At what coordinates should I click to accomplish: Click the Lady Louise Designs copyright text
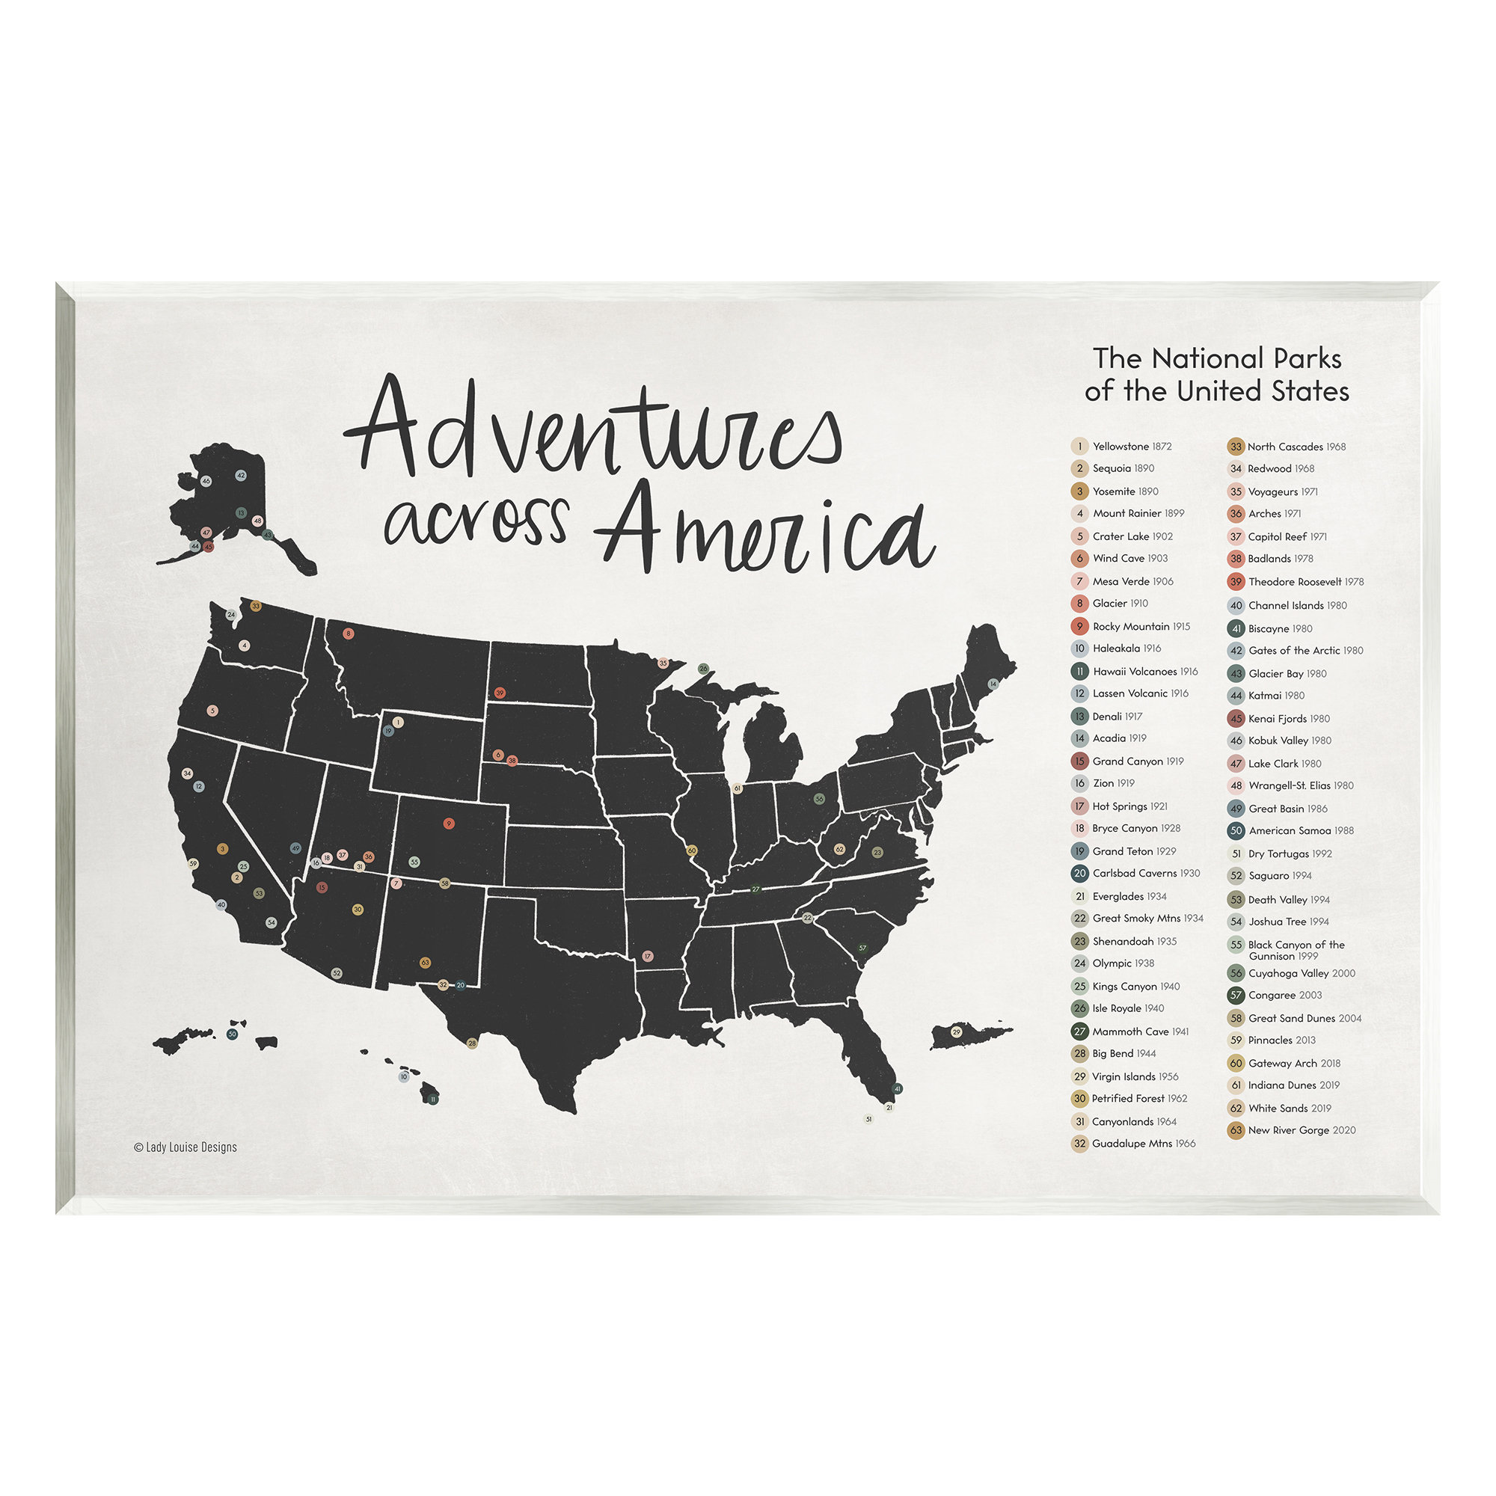185,1147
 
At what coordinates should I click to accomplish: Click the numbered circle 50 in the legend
1236,830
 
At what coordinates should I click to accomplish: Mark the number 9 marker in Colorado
448,823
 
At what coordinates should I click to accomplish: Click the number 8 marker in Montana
349,634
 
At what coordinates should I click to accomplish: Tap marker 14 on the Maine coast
993,684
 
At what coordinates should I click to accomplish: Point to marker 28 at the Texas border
472,1043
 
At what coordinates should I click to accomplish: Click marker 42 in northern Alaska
241,476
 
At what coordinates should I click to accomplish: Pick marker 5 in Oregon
213,710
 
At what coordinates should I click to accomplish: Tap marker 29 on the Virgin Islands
956,1031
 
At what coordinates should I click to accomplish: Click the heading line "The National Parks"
1216,358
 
